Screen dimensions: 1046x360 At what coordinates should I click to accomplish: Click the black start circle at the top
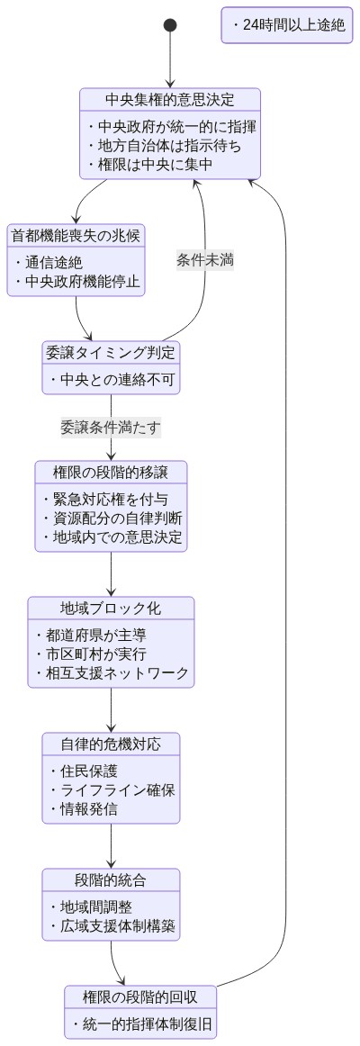click(170, 25)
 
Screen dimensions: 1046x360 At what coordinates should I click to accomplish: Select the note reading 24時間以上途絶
click(288, 25)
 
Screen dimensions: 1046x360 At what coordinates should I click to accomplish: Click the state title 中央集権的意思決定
click(170, 99)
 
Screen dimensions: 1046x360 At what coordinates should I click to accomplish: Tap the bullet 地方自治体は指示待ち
click(164, 145)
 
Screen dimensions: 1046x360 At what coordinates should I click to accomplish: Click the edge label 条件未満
click(206, 260)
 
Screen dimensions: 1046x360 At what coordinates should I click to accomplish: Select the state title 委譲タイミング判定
click(111, 352)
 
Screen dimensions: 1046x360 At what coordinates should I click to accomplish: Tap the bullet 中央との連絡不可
click(111, 380)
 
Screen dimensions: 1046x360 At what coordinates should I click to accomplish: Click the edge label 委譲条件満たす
click(111, 428)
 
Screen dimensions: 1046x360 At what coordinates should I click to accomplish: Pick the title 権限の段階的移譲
click(111, 472)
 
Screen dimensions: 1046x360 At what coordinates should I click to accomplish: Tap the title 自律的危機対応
click(111, 744)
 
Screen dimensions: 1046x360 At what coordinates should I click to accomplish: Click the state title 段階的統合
click(111, 879)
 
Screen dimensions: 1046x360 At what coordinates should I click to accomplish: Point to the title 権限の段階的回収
click(140, 996)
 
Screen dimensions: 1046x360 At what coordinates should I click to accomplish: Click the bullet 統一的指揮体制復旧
click(141, 1024)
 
